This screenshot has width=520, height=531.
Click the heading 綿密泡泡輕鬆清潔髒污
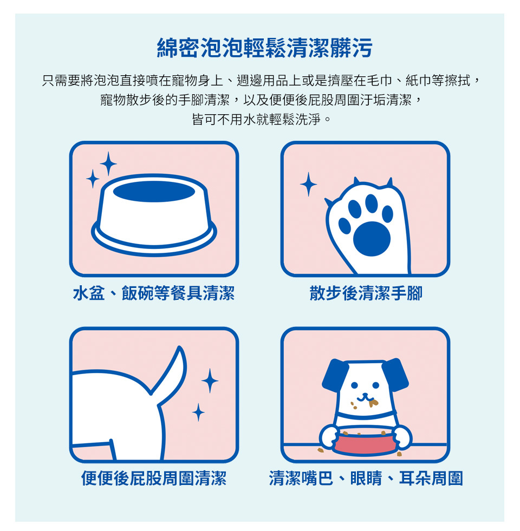[264, 48]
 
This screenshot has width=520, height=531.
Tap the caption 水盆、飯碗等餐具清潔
[153, 293]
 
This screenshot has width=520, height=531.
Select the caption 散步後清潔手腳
[366, 293]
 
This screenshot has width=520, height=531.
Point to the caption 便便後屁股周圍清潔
[153, 478]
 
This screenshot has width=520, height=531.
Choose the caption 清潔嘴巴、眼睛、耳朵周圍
[366, 478]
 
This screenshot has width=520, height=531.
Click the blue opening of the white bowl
[154, 191]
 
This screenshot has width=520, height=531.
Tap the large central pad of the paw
[372, 239]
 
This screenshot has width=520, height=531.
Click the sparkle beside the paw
[308, 184]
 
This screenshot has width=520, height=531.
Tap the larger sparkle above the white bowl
[108, 164]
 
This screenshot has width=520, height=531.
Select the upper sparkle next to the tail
[210, 381]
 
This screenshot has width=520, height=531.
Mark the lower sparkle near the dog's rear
[198, 412]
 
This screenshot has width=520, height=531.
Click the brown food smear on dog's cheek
[373, 403]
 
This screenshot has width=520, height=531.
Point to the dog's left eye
[354, 385]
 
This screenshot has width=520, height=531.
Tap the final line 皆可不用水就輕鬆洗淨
[261, 119]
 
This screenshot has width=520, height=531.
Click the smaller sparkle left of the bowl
[93, 179]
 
